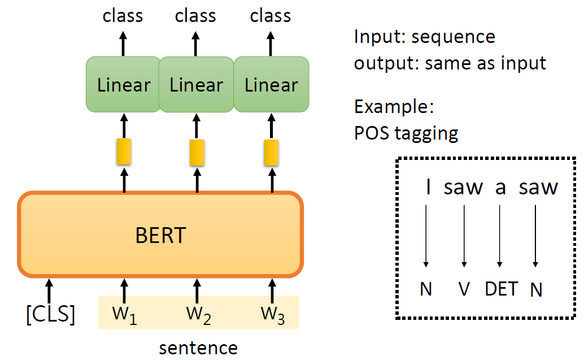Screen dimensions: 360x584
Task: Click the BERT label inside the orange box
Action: pos(160,235)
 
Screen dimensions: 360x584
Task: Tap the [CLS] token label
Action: pos(51,315)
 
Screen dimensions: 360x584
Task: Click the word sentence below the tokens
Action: pos(198,347)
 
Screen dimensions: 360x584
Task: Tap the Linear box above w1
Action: pos(123,85)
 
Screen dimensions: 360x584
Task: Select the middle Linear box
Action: pos(196,85)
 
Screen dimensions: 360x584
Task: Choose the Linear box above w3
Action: pos(271,85)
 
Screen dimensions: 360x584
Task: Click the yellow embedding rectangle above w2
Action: pos(197,152)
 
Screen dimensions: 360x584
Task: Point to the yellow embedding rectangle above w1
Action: pos(124,152)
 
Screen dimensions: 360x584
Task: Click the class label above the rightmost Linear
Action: pos(271,15)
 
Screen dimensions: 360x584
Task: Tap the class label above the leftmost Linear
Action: pos(123,15)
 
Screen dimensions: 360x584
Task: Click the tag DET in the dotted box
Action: pos(501,289)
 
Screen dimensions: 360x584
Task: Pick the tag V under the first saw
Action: pos(464,289)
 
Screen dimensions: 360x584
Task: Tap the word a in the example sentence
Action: pos(500,188)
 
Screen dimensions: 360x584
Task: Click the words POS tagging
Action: pos(406,133)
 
